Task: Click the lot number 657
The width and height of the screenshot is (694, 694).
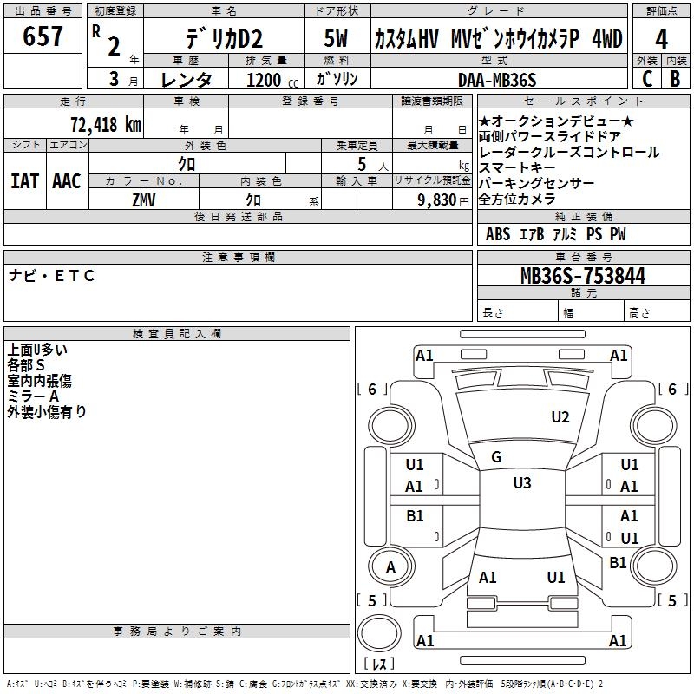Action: tap(43, 36)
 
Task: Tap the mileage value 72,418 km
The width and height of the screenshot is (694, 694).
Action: tap(106, 124)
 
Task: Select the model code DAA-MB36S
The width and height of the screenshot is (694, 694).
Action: tap(497, 80)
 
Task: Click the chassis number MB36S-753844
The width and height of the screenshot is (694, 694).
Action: tap(583, 275)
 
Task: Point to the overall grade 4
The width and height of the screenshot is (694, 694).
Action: tap(661, 40)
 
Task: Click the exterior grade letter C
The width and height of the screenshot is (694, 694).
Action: tap(647, 79)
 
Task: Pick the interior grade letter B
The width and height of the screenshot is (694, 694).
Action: tap(675, 79)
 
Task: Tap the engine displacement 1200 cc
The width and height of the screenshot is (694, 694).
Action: tap(272, 80)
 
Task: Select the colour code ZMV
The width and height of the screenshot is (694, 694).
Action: tap(144, 200)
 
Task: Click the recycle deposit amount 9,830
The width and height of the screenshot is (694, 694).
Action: tap(437, 200)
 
